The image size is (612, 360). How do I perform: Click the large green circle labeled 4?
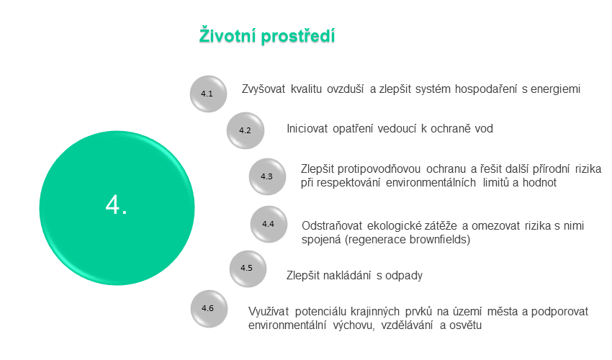point(117,208)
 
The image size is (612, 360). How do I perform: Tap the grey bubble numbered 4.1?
point(208,94)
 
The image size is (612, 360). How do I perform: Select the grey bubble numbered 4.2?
point(246,130)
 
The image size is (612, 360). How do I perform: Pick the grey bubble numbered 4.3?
point(267,176)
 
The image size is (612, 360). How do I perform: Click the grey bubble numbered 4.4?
point(269,224)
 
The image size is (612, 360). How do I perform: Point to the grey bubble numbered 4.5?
point(248,269)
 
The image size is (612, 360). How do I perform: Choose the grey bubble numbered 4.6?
point(209,308)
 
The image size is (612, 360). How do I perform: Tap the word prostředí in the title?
point(298,36)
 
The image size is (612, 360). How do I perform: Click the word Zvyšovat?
point(264,89)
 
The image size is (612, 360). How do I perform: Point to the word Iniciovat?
point(307,128)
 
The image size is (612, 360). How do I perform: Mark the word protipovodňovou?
point(379,169)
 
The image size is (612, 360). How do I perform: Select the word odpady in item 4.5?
point(404,276)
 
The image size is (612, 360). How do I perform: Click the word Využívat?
point(269,312)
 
